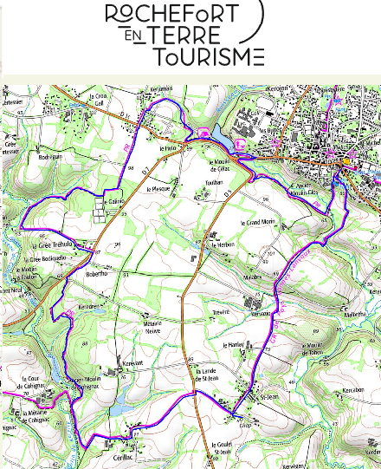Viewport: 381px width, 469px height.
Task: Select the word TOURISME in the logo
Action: tap(208, 57)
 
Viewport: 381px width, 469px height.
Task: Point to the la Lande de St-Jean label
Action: tap(200, 372)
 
